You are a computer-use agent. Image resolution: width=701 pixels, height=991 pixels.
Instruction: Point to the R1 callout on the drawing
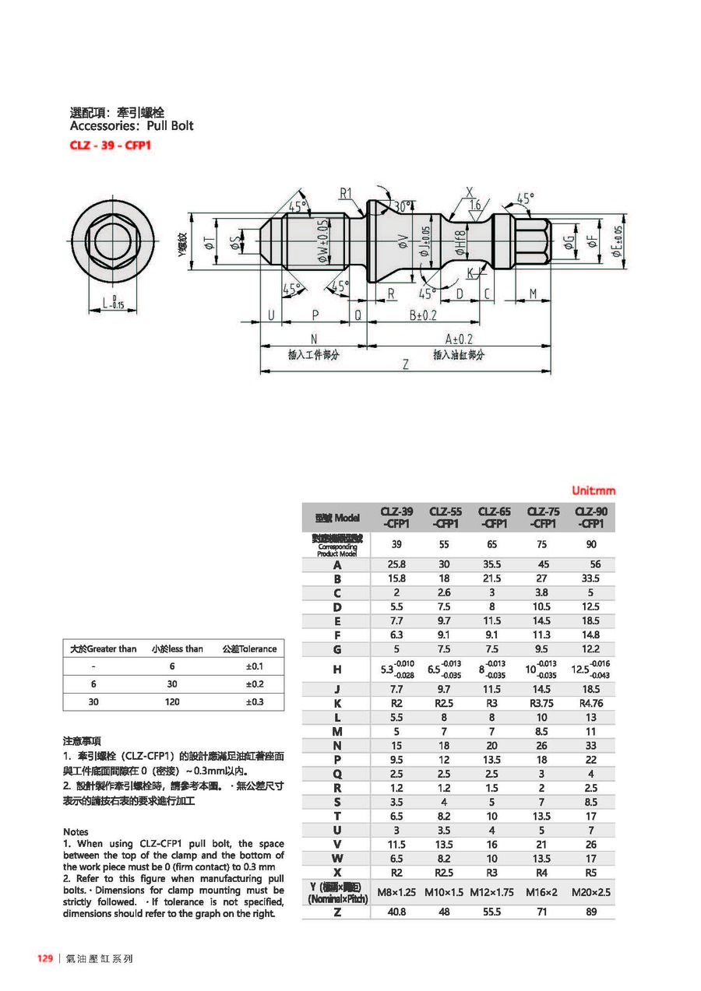[346, 193]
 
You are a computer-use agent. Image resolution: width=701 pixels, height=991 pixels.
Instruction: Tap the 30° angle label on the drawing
[403, 207]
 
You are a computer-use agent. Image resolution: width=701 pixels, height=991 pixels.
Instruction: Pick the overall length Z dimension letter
[406, 364]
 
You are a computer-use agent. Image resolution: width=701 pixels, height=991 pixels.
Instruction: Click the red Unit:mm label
[594, 490]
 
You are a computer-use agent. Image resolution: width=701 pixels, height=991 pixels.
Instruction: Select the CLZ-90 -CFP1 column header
[591, 518]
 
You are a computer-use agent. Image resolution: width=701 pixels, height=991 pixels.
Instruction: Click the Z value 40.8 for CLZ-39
[396, 911]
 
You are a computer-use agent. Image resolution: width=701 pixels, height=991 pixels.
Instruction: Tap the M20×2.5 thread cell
[591, 891]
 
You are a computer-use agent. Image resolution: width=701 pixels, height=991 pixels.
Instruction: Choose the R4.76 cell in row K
[591, 703]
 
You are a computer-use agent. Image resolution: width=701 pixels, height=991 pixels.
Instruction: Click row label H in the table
[337, 669]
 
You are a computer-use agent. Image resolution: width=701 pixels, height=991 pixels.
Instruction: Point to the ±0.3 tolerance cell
[255, 701]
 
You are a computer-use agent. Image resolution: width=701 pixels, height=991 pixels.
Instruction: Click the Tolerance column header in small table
[249, 648]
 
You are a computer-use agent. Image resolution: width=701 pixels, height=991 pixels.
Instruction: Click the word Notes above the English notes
[76, 831]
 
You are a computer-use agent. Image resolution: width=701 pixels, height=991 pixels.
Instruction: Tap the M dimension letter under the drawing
[534, 293]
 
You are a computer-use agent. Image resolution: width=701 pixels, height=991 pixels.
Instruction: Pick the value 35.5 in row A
[491, 564]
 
